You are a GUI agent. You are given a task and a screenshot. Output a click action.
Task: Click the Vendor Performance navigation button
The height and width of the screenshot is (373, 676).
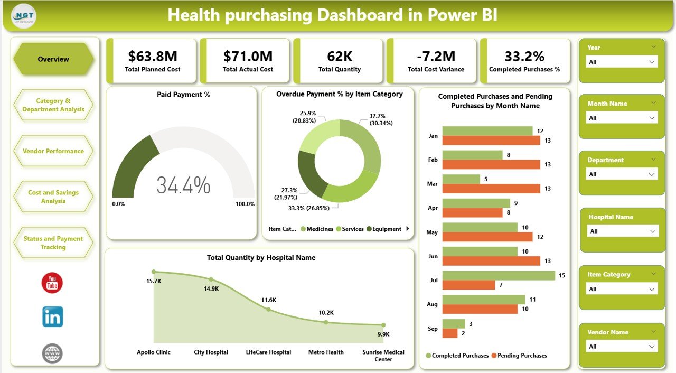53,151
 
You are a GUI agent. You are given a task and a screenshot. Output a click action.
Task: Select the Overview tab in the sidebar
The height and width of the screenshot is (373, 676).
53,59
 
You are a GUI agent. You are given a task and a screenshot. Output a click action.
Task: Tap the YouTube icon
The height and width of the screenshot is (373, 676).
52,283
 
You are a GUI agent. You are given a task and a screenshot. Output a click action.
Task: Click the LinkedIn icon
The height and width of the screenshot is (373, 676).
52,317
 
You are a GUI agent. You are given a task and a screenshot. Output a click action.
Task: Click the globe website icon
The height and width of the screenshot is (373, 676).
52,353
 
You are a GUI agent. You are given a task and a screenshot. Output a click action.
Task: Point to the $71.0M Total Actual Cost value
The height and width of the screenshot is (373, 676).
248,56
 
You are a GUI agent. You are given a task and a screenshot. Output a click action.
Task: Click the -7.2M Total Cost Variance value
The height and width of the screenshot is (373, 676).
436,56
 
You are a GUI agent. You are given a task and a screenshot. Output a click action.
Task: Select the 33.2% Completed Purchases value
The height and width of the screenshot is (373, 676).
524,56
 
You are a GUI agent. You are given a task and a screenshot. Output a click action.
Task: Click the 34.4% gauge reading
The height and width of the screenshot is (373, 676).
183,185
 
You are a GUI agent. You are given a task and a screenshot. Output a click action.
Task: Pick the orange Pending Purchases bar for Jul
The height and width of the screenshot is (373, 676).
468,285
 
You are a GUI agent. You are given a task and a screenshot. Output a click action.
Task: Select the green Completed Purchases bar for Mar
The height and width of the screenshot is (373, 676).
461,179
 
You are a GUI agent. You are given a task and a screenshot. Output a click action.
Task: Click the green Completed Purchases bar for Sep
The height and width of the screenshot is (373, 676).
454,323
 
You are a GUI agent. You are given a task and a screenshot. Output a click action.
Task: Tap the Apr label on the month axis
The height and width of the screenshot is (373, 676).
433,208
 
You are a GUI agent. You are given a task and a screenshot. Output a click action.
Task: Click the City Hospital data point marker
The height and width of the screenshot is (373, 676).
211,279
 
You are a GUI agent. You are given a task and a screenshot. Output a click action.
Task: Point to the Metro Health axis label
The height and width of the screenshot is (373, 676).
326,352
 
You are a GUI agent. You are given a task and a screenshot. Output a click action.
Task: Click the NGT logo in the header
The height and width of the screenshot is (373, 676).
23,15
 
